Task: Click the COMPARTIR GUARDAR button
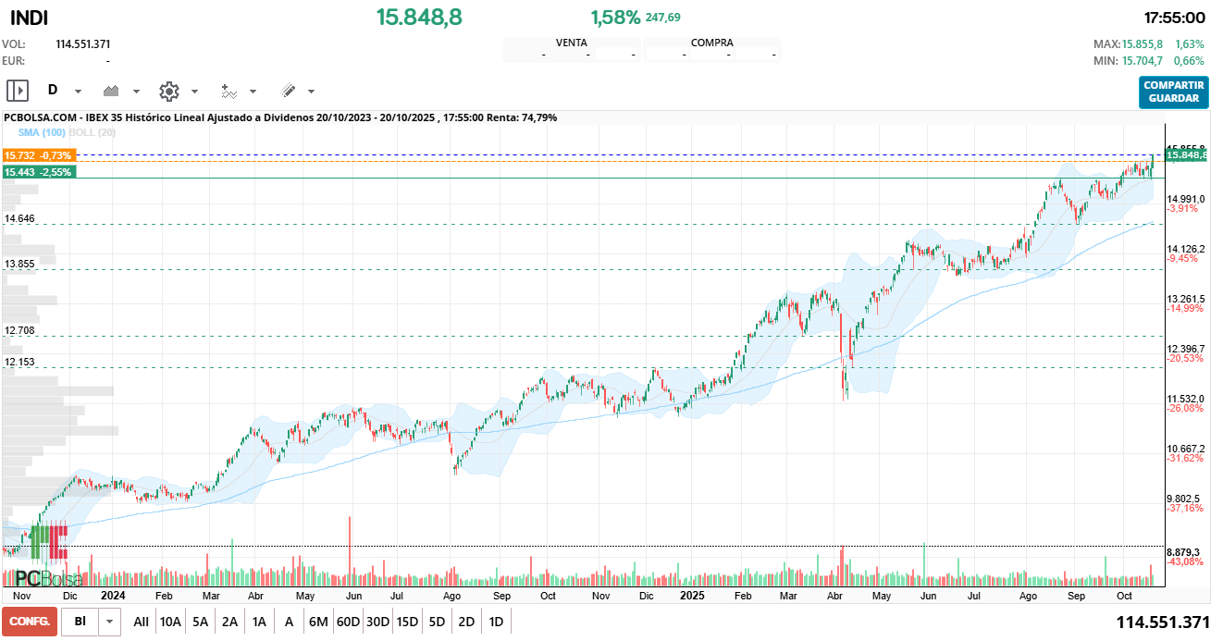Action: [1174, 92]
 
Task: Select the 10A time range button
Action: [170, 622]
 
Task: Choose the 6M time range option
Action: [318, 622]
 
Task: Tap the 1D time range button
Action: [496, 622]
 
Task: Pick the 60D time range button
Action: [348, 622]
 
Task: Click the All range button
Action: [141, 622]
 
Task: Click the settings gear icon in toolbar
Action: [168, 91]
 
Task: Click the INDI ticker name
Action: [29, 18]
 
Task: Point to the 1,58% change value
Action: [615, 17]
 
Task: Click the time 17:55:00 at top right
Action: [1174, 18]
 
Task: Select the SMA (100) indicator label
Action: [42, 132]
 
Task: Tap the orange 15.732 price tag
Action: [39, 155]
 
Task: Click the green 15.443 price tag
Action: [39, 172]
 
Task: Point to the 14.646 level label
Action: [19, 218]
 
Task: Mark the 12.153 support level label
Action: [19, 362]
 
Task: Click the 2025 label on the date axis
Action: [691, 596]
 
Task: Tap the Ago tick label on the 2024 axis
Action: [451, 597]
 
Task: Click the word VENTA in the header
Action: [571, 43]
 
